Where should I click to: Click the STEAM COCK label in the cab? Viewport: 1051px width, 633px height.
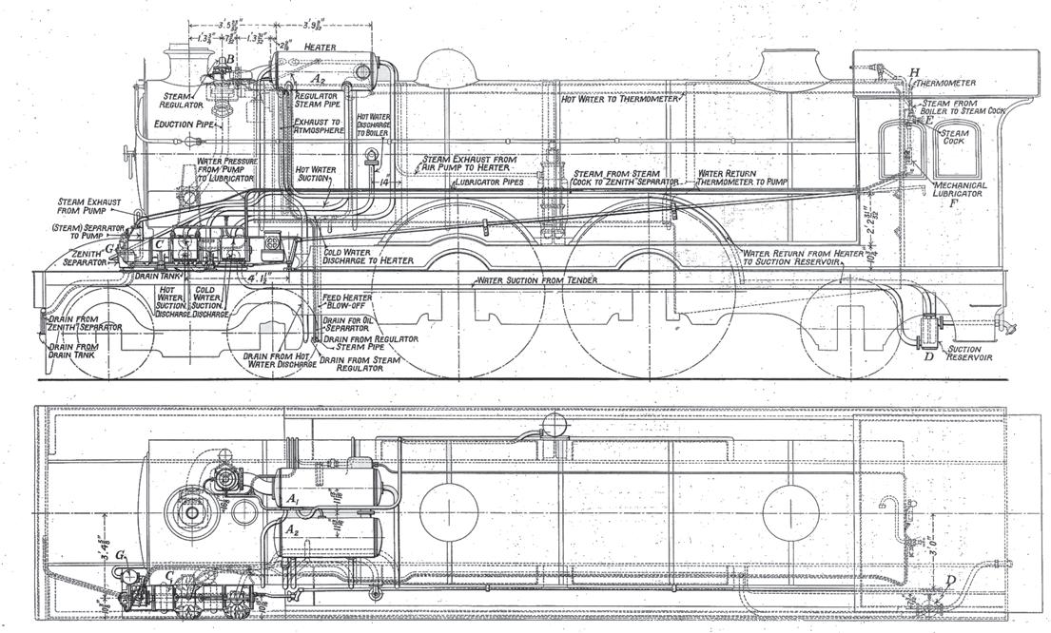click(x=954, y=140)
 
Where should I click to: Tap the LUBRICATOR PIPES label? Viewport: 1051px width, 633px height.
click(x=490, y=181)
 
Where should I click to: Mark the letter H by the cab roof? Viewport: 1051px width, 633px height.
click(x=914, y=72)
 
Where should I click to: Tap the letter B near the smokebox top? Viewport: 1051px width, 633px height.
click(x=227, y=63)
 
